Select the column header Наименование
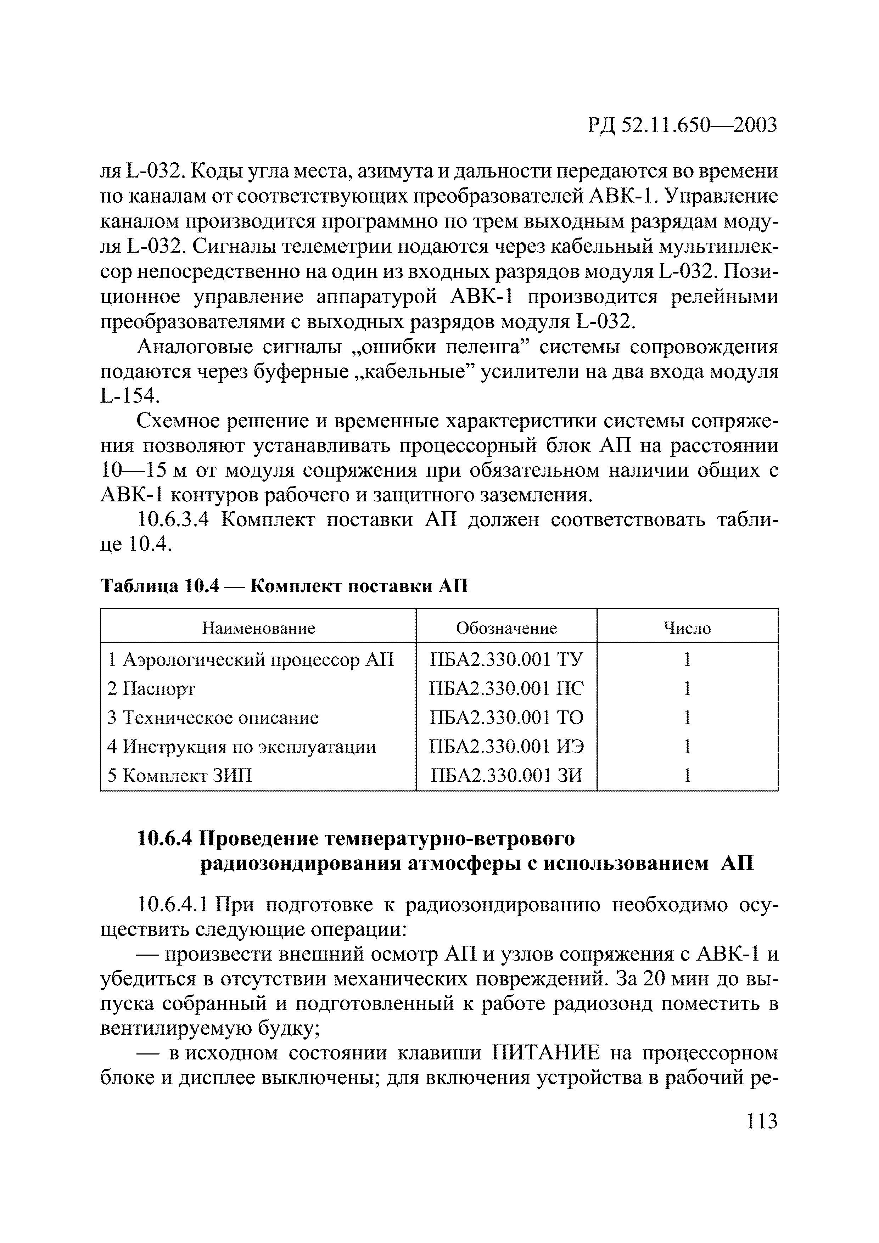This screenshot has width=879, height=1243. coord(258,628)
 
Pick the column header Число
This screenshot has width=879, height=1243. coord(687,628)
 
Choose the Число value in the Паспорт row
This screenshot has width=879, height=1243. coord(687,688)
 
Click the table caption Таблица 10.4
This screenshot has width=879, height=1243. coord(159,586)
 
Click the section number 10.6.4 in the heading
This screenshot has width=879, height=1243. coord(165,839)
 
